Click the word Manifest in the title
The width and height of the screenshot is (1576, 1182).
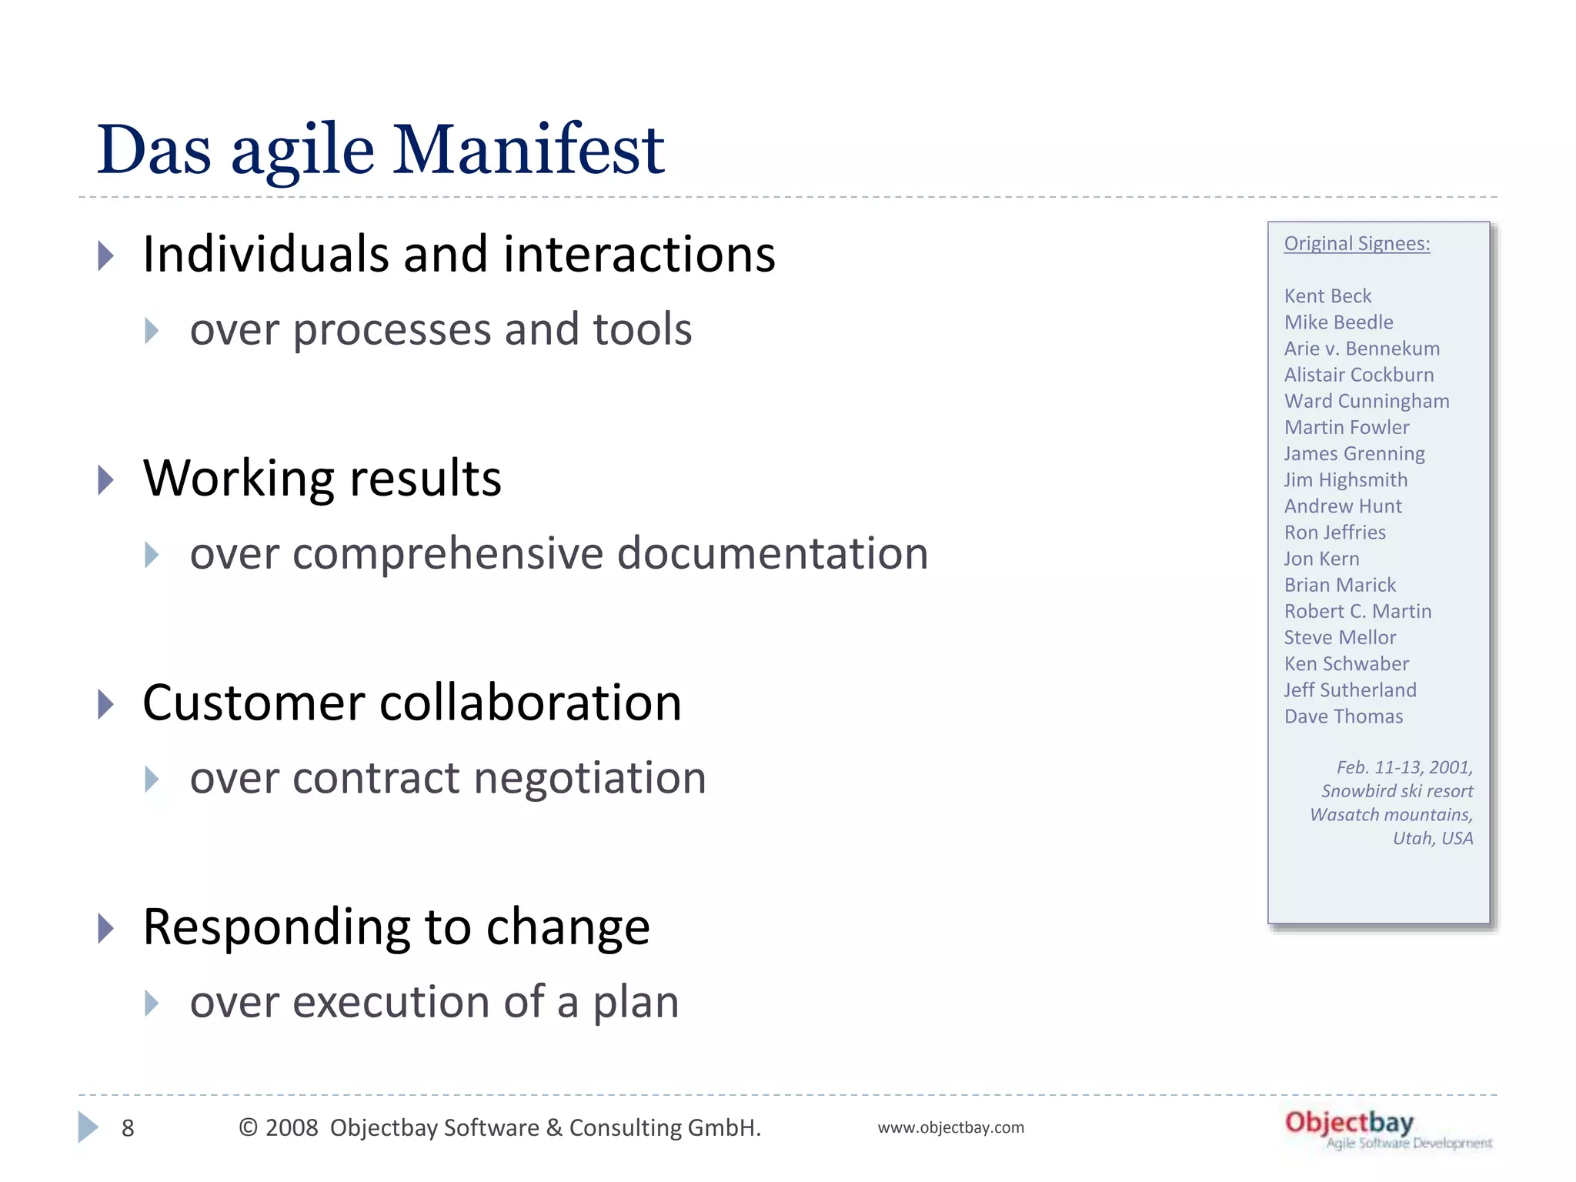tap(529, 150)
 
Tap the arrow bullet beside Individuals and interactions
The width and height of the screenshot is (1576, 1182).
tap(106, 255)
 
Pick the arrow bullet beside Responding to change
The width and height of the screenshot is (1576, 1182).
tap(106, 928)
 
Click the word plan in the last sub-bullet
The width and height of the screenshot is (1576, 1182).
tap(636, 1003)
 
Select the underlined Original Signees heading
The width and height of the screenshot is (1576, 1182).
tap(1357, 244)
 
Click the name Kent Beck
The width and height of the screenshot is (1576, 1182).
tap(1327, 296)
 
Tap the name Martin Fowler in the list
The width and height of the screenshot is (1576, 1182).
tap(1347, 427)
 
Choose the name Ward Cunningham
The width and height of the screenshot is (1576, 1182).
tap(1367, 401)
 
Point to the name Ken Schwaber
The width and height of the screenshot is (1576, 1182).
tap(1347, 663)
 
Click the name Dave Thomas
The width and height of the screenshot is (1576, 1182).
tap(1344, 716)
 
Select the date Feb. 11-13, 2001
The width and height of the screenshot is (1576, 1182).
tap(1404, 767)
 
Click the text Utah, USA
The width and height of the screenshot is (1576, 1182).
tap(1433, 838)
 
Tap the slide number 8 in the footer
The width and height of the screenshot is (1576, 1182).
tap(128, 1128)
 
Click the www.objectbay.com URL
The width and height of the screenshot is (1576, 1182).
tap(950, 1127)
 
